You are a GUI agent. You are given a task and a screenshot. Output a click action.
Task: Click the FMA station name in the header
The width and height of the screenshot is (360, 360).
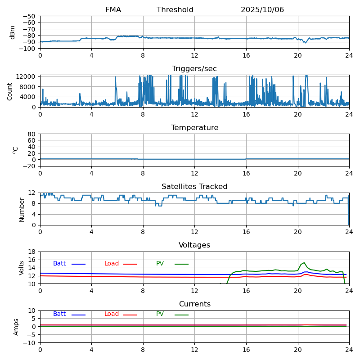click(113, 10)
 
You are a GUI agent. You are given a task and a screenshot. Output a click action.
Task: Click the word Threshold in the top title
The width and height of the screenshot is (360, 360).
click(175, 10)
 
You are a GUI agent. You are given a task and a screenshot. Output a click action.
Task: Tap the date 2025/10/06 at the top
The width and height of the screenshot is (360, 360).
click(262, 10)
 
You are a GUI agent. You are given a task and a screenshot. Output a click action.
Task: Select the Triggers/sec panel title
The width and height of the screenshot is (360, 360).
click(194, 69)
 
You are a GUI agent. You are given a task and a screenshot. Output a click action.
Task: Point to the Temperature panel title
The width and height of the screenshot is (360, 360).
click(194, 128)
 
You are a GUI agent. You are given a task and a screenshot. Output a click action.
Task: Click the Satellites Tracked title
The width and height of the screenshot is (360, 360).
click(194, 187)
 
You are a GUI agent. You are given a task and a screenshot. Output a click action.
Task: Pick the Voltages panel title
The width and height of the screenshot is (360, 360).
click(194, 245)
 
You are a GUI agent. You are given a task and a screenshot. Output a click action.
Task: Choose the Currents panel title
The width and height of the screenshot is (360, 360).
click(194, 304)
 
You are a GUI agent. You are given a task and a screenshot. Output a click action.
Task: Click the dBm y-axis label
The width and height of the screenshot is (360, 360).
click(13, 32)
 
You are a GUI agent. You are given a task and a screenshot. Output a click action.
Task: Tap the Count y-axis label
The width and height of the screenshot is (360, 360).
click(10, 91)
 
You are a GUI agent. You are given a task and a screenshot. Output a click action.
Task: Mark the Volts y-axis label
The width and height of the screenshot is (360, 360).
click(22, 268)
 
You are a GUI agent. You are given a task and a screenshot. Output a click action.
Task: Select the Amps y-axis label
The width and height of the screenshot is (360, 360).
click(16, 327)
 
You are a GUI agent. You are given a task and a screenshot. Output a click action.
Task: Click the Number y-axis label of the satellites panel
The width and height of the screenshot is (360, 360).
click(22, 209)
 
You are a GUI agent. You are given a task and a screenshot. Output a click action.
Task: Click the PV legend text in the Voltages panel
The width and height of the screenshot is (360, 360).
click(160, 264)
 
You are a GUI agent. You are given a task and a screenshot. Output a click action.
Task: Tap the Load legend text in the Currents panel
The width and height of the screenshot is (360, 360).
click(112, 314)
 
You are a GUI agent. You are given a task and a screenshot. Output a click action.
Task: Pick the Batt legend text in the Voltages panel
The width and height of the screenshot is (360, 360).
click(59, 264)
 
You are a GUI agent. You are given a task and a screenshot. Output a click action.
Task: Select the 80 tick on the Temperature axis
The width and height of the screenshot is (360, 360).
click(31, 134)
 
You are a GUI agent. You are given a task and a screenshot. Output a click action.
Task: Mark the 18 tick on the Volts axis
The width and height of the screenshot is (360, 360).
click(31, 252)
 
